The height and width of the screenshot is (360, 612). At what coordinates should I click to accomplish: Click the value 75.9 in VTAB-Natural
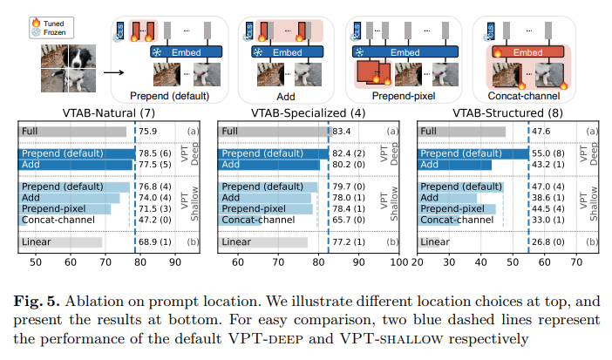pos(147,132)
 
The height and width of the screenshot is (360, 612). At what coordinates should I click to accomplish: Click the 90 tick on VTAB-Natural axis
pos(174,261)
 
